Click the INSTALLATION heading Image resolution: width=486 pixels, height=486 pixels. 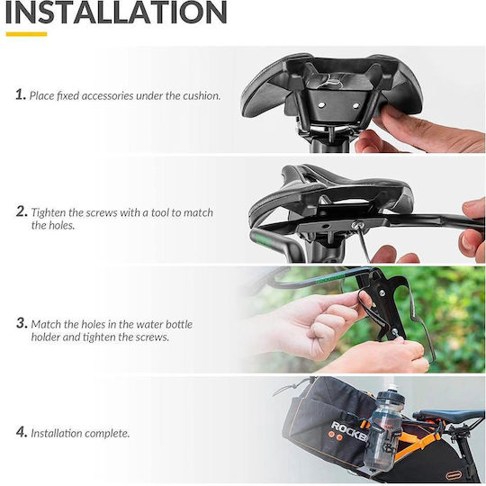coord(116,12)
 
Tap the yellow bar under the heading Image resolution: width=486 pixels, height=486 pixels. coord(26,34)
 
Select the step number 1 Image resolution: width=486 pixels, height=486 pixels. coord(21,94)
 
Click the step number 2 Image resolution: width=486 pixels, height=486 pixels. coord(22,211)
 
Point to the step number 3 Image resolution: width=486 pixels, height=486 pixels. coord(22,323)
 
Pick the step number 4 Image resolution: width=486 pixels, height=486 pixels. coord(22,432)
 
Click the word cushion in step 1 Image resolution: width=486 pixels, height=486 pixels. coord(202,95)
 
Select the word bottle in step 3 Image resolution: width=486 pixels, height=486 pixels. coord(179,324)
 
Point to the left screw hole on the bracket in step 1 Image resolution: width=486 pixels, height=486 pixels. coord(321,105)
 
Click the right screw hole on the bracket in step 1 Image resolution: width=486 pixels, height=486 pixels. coord(355,106)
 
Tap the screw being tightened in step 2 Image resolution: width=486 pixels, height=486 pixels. coord(355,225)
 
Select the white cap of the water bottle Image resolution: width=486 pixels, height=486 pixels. coord(392,387)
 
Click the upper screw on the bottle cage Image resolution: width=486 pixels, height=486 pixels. coord(382,292)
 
